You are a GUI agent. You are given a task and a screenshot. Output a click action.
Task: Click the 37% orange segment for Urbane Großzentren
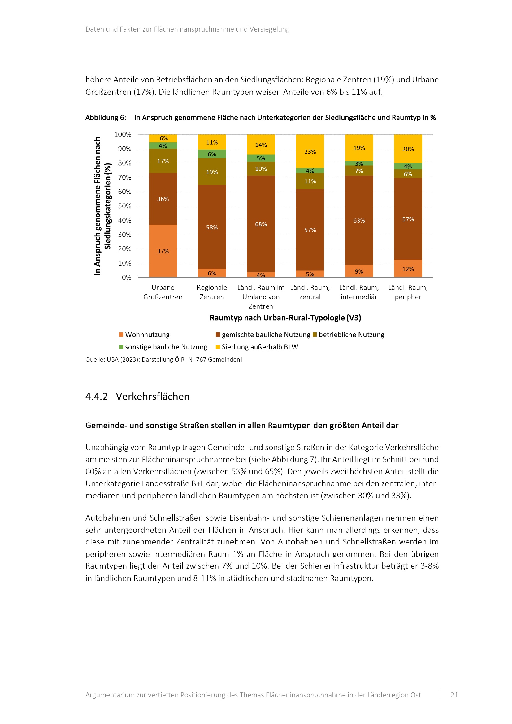point(163,251)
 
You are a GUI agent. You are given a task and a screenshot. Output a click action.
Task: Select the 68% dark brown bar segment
point(261,224)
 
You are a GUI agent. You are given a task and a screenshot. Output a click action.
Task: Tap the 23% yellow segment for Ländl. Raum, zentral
point(310,151)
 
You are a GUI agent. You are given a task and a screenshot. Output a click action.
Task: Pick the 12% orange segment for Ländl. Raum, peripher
point(408,269)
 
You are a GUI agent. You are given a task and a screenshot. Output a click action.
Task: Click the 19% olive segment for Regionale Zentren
point(211,171)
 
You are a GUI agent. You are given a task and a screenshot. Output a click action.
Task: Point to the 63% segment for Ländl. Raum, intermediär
point(359,220)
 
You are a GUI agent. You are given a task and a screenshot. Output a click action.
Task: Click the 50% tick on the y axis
point(124,206)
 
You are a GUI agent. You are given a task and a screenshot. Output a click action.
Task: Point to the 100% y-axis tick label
point(123,134)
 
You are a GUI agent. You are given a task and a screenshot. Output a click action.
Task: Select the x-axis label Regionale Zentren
point(211,292)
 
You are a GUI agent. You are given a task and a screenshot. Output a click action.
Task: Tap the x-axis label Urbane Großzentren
point(163,292)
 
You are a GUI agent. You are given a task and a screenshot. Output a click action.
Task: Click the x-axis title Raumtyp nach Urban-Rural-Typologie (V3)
point(285,318)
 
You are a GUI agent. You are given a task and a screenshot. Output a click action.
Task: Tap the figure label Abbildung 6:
point(106,118)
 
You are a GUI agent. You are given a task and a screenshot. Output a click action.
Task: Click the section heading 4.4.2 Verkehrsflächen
point(137,397)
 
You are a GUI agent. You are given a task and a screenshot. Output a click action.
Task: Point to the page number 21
point(454,695)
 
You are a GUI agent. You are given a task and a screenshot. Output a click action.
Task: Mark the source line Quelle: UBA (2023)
point(163,359)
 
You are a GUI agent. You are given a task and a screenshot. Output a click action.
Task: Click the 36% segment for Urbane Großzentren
point(163,199)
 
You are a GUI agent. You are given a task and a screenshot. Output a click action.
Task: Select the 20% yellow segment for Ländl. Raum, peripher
point(408,149)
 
